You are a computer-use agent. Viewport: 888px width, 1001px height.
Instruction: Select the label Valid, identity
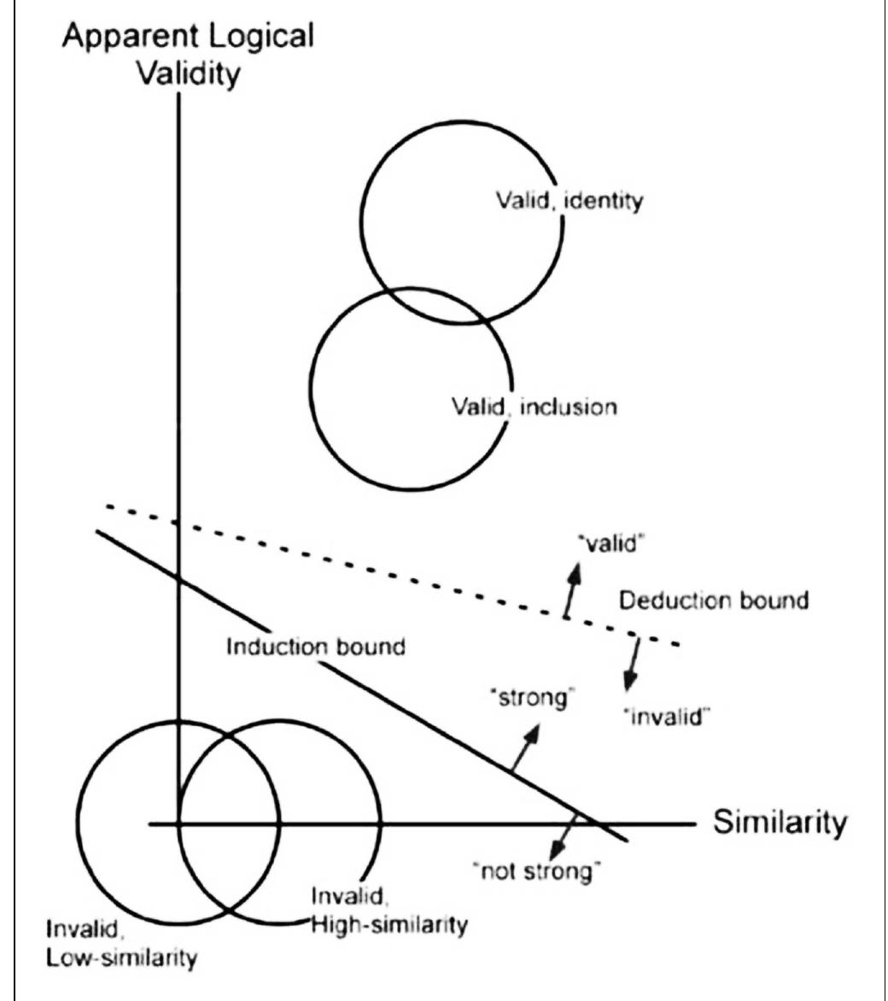pos(570,202)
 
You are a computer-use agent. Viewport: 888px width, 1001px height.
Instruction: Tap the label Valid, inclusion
pos(534,407)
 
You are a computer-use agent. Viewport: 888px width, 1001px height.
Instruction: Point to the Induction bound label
pos(315,647)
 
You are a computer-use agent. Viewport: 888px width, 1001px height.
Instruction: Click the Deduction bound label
pos(713,600)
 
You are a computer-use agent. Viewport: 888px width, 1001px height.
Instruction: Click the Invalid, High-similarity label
pos(388,911)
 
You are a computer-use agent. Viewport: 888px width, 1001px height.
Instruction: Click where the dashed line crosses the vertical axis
pos(178,523)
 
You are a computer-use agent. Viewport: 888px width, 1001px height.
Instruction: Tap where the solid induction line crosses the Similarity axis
pos(597,823)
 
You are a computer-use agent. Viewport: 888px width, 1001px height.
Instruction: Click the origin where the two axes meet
pos(178,823)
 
